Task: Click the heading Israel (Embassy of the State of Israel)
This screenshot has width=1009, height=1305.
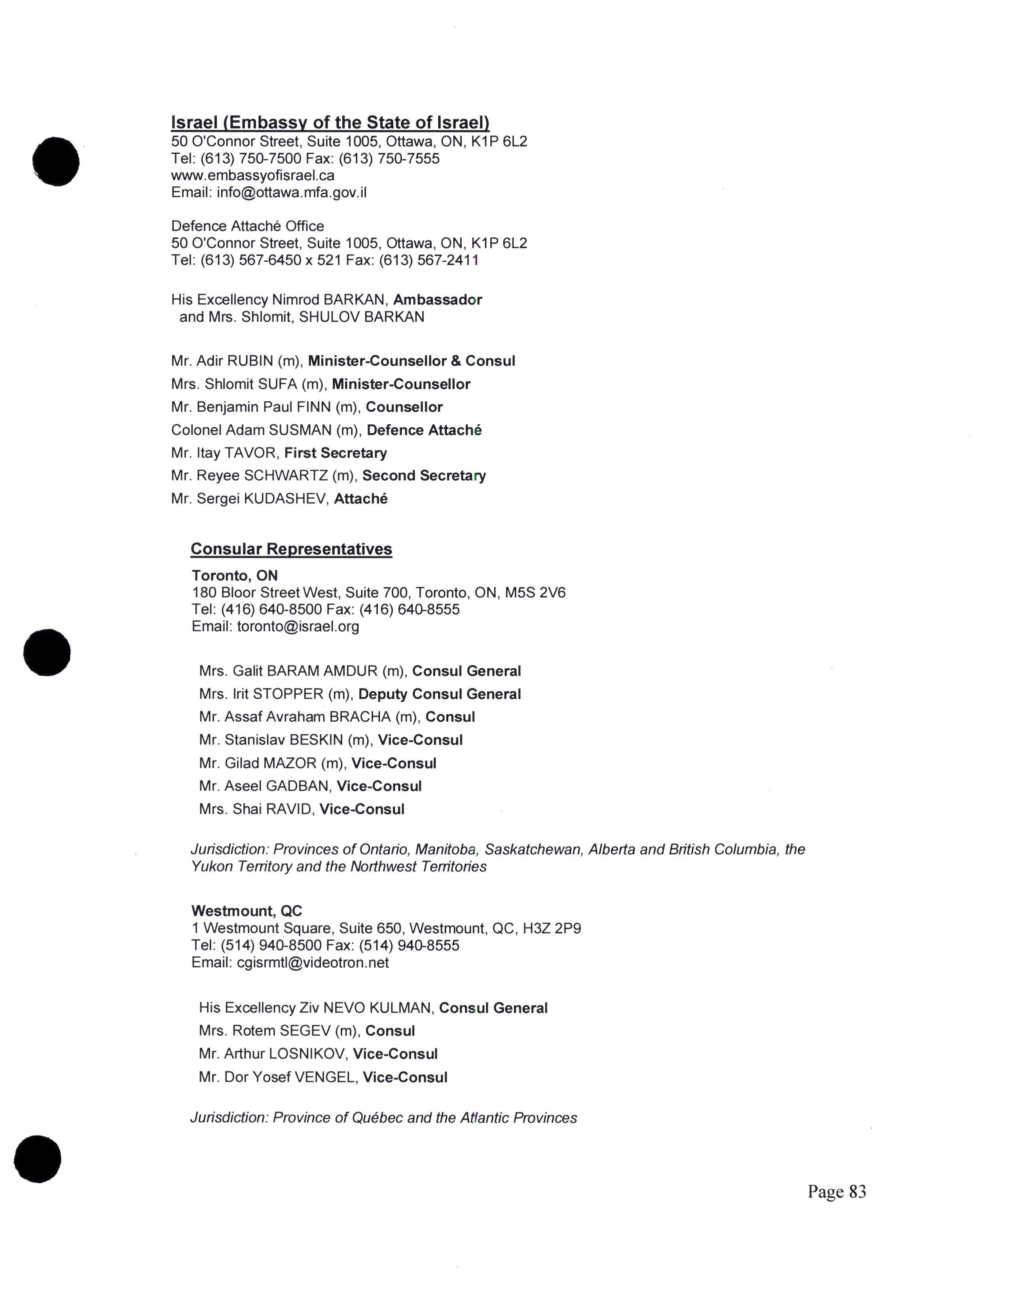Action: (330, 123)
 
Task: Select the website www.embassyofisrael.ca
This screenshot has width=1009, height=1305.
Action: (253, 176)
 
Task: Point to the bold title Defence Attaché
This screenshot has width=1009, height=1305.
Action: (424, 430)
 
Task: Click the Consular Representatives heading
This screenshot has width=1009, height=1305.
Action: (291, 549)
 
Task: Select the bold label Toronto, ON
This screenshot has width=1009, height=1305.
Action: (234, 575)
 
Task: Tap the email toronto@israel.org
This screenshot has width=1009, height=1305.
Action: (298, 627)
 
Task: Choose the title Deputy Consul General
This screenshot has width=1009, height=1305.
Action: (439, 694)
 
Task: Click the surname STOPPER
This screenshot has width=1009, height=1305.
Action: (288, 694)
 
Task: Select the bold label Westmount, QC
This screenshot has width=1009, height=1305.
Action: (246, 911)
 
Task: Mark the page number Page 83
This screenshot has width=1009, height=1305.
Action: (836, 1192)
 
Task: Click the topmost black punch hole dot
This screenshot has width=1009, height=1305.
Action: (55, 161)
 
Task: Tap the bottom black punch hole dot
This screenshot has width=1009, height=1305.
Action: (37, 1159)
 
